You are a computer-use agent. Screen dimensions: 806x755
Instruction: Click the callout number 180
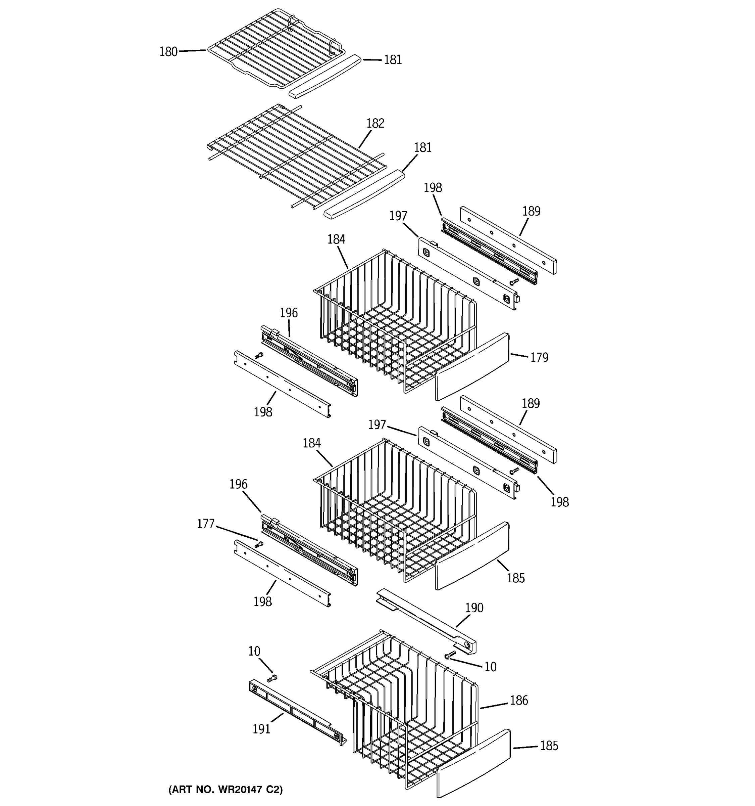point(168,52)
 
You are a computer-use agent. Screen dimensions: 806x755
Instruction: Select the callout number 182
point(375,123)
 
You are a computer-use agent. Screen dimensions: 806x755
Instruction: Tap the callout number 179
point(539,358)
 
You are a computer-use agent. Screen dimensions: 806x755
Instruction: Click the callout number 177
point(205,524)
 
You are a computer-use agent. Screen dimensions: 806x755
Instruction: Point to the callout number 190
point(474,608)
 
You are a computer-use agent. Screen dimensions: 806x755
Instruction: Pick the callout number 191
point(261,729)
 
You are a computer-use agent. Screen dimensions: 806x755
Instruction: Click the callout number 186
point(518,700)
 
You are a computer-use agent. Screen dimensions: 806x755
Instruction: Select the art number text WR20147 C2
point(225,790)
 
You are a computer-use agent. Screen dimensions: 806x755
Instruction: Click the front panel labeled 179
point(472,367)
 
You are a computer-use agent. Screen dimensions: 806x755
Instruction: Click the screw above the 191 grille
point(272,678)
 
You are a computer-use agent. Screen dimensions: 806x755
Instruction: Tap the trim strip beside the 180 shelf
point(325,76)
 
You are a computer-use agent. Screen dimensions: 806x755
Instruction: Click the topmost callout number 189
point(531,211)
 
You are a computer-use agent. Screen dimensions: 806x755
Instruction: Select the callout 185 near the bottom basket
point(549,746)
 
